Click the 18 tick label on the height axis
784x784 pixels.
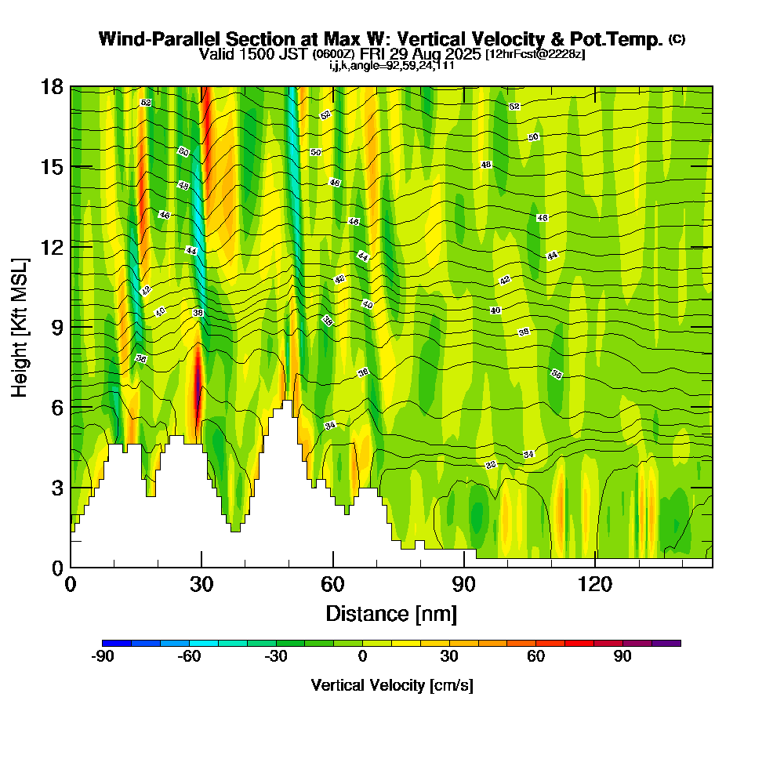tap(53, 86)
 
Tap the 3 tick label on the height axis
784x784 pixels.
tap(57, 487)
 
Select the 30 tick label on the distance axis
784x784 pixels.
tap(201, 584)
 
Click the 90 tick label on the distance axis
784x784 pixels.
tap(464, 584)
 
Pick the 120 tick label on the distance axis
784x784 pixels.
tap(595, 584)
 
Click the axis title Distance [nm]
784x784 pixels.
tap(391, 613)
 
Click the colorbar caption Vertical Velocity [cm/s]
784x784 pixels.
tap(391, 685)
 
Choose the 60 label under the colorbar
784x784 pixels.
tap(536, 657)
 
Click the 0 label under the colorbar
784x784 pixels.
tap(362, 657)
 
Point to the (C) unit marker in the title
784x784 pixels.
tap(677, 39)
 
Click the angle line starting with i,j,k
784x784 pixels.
tap(391, 66)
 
